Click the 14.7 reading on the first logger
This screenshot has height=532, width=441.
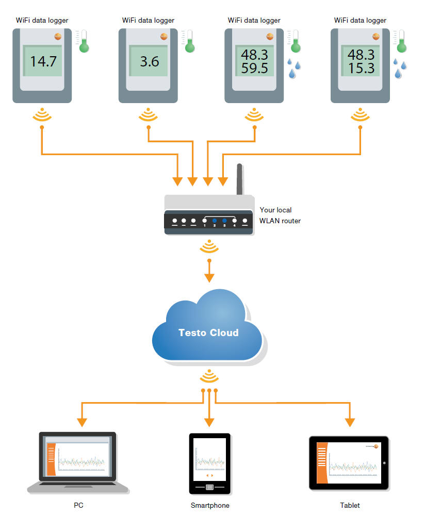42,61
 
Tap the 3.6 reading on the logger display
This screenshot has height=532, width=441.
150,61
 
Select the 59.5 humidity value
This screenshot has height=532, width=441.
254,68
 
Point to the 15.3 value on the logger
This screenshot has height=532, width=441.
361,68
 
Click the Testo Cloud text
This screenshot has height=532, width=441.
208,332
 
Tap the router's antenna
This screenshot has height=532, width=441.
239,179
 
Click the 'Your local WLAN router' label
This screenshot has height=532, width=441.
280,215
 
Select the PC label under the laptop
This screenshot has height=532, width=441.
78,506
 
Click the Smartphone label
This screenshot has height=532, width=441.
210,506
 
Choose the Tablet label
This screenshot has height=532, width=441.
350,506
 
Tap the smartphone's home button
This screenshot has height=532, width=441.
209,487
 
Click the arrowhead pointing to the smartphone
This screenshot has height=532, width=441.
209,422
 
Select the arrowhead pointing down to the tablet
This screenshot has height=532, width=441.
350,422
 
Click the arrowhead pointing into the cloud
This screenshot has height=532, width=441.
209,278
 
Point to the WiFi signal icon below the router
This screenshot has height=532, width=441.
209,248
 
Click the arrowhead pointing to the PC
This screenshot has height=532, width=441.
81,422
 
